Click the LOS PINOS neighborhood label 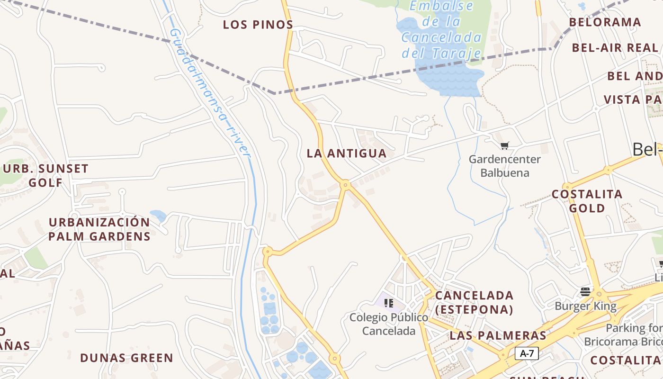tap(258, 25)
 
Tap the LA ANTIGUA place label tap(347, 153)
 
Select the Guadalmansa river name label tap(209, 93)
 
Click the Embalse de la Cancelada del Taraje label tap(441, 29)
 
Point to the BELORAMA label tap(605, 22)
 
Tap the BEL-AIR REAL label tap(615, 48)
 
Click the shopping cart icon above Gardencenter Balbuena tap(505, 146)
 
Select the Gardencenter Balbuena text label tap(504, 166)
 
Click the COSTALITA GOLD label tap(587, 201)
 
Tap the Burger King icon tap(585, 291)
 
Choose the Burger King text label tap(585, 306)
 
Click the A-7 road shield tap(527, 353)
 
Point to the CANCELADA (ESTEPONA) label tap(474, 302)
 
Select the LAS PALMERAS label tap(498, 335)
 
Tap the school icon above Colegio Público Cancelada tap(389, 303)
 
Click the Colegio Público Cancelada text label tap(389, 324)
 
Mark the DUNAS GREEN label tap(126, 358)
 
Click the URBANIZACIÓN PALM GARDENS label tap(99, 229)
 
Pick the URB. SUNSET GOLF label tap(46, 175)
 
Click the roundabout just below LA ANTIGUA tap(345, 184)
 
